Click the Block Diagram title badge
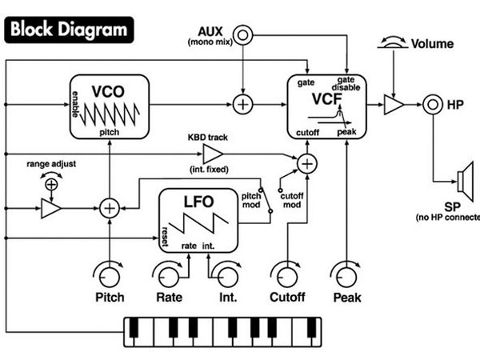click(69, 30)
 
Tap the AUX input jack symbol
click(242, 35)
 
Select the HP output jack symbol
click(433, 105)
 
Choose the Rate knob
click(168, 276)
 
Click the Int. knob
click(228, 276)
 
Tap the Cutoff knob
click(287, 276)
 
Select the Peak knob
click(346, 276)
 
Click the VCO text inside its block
click(108, 91)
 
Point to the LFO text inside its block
click(198, 202)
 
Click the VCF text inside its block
click(326, 99)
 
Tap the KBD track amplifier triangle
click(213, 154)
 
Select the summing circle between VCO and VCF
click(242, 104)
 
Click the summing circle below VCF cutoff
click(307, 164)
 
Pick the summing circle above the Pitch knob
click(110, 208)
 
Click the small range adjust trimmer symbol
click(51, 184)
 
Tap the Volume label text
click(432, 44)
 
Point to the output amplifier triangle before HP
click(394, 105)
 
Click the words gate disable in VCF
click(346, 83)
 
